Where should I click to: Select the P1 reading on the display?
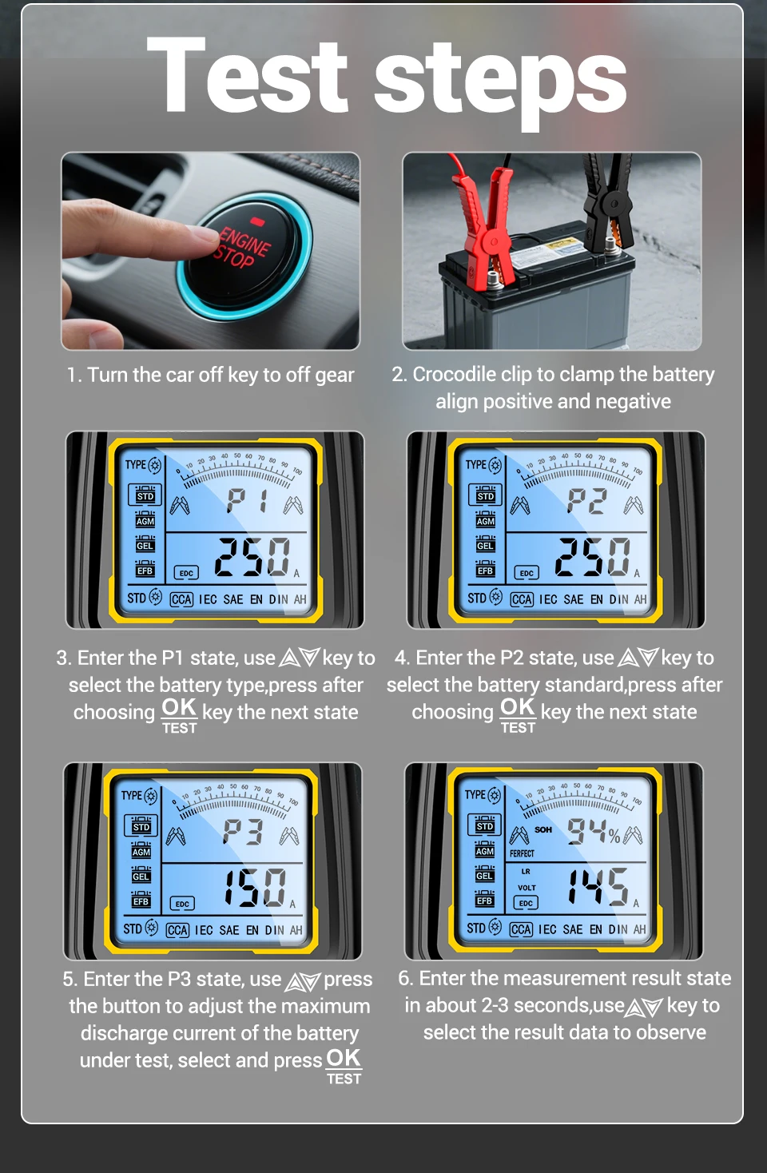(x=248, y=500)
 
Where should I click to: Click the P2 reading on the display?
(x=587, y=500)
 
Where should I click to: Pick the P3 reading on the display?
(x=243, y=832)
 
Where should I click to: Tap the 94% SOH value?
(x=594, y=832)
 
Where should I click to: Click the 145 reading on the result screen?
(x=598, y=886)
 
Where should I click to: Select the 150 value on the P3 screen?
(x=256, y=887)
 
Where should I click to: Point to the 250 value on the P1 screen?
(x=252, y=557)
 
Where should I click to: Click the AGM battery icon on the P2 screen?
(x=485, y=519)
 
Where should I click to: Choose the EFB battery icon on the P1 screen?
(x=145, y=568)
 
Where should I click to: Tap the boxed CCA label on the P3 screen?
(x=177, y=930)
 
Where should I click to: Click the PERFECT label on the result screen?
(x=522, y=853)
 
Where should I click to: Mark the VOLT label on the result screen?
(x=527, y=888)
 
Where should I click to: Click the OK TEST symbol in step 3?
(x=180, y=715)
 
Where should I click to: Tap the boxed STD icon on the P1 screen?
(x=145, y=495)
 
